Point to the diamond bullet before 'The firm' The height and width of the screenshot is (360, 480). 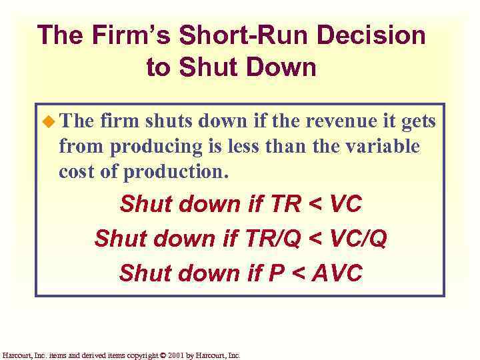tap(49, 122)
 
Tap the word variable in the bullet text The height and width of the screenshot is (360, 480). tap(385, 146)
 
